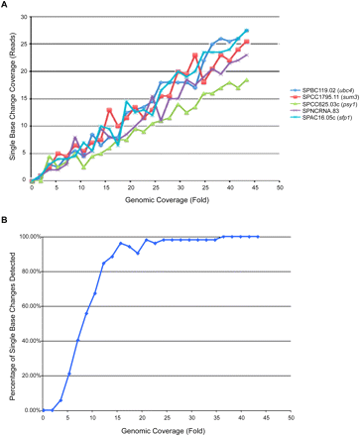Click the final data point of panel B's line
point(257,237)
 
